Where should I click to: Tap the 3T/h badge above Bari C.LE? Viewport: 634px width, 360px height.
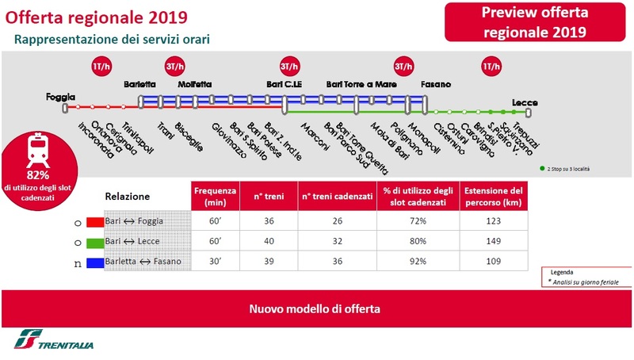point(291,67)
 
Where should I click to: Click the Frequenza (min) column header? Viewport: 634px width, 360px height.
point(215,196)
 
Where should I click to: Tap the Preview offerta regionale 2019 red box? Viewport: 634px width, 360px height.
point(535,22)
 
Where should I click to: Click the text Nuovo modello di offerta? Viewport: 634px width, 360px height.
point(315,308)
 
